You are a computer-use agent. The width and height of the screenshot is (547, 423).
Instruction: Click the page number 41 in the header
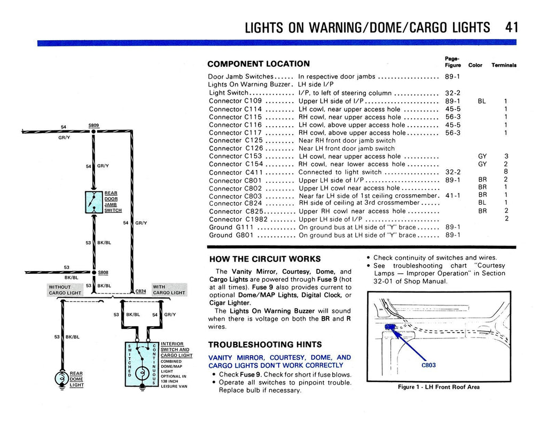511,27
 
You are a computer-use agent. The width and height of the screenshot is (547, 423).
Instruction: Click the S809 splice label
93,125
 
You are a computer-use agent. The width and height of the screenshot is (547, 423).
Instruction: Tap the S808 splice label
103,272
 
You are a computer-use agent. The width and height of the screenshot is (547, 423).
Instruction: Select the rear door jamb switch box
93,202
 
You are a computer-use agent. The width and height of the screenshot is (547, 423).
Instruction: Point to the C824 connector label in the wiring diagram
140,291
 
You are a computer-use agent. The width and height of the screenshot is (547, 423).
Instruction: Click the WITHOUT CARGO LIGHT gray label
65,290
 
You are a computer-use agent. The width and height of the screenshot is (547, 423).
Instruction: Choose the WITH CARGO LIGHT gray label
169,290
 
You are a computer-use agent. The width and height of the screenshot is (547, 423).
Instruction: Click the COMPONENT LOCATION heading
258,64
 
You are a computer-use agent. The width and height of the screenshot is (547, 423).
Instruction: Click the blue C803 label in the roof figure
429,365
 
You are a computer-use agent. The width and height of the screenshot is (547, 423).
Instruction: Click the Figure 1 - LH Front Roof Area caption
439,387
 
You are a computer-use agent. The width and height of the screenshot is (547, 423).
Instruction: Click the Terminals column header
504,65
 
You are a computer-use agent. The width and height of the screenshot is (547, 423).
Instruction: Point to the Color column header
475,65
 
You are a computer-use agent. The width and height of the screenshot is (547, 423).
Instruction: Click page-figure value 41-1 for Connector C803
452,196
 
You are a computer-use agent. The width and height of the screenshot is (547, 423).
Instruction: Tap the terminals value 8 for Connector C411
505,172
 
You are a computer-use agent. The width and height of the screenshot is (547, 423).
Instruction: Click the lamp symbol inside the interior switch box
142,373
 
